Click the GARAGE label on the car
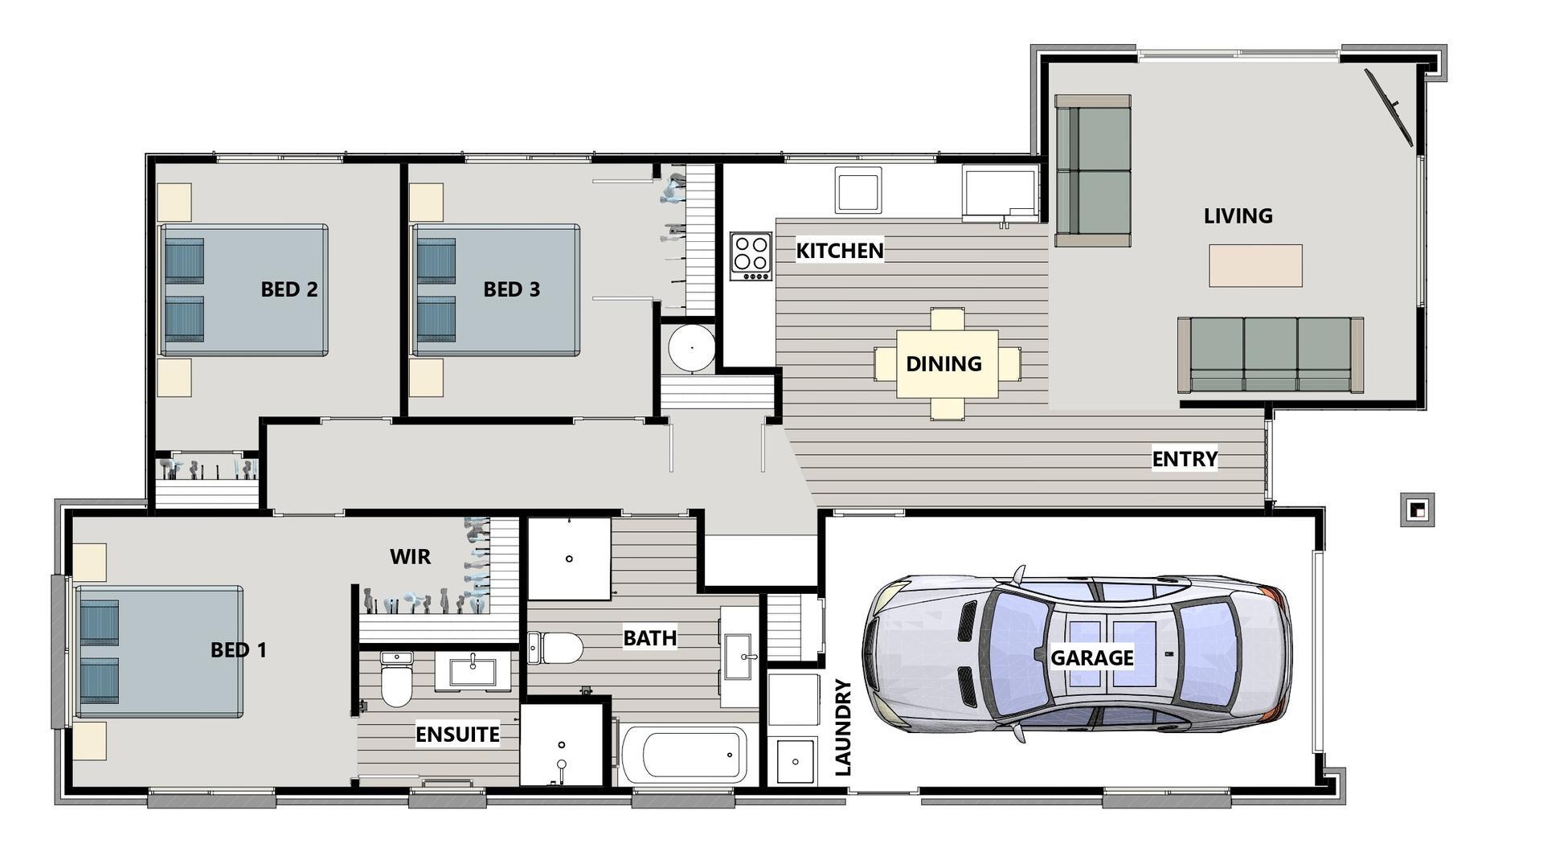[1091, 657]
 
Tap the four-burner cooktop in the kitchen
[751, 256]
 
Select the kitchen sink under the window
[857, 190]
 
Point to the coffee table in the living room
[1255, 265]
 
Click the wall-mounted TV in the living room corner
[1390, 106]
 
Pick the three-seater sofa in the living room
[1270, 354]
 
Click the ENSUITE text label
[457, 734]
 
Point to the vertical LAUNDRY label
[843, 727]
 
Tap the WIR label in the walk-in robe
[410, 556]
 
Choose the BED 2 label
[289, 289]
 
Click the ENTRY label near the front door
[1185, 459]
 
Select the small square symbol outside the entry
[1417, 510]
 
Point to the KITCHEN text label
[839, 251]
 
